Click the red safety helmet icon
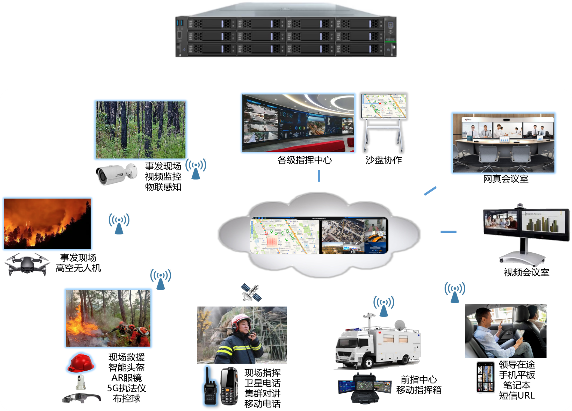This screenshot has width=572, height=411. click(81, 363)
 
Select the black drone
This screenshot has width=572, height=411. click(27, 264)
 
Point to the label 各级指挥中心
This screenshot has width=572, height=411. click(305, 160)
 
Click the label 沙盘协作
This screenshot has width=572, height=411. click(383, 160)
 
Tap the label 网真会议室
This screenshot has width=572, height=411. click(505, 179)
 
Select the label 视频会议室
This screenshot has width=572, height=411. click(526, 272)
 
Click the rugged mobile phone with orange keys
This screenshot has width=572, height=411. click(229, 386)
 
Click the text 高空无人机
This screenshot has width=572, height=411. click(78, 268)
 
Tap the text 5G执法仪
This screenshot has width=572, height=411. click(126, 388)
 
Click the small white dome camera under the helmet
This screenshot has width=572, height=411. click(81, 382)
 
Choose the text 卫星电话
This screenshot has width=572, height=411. click(262, 383)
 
